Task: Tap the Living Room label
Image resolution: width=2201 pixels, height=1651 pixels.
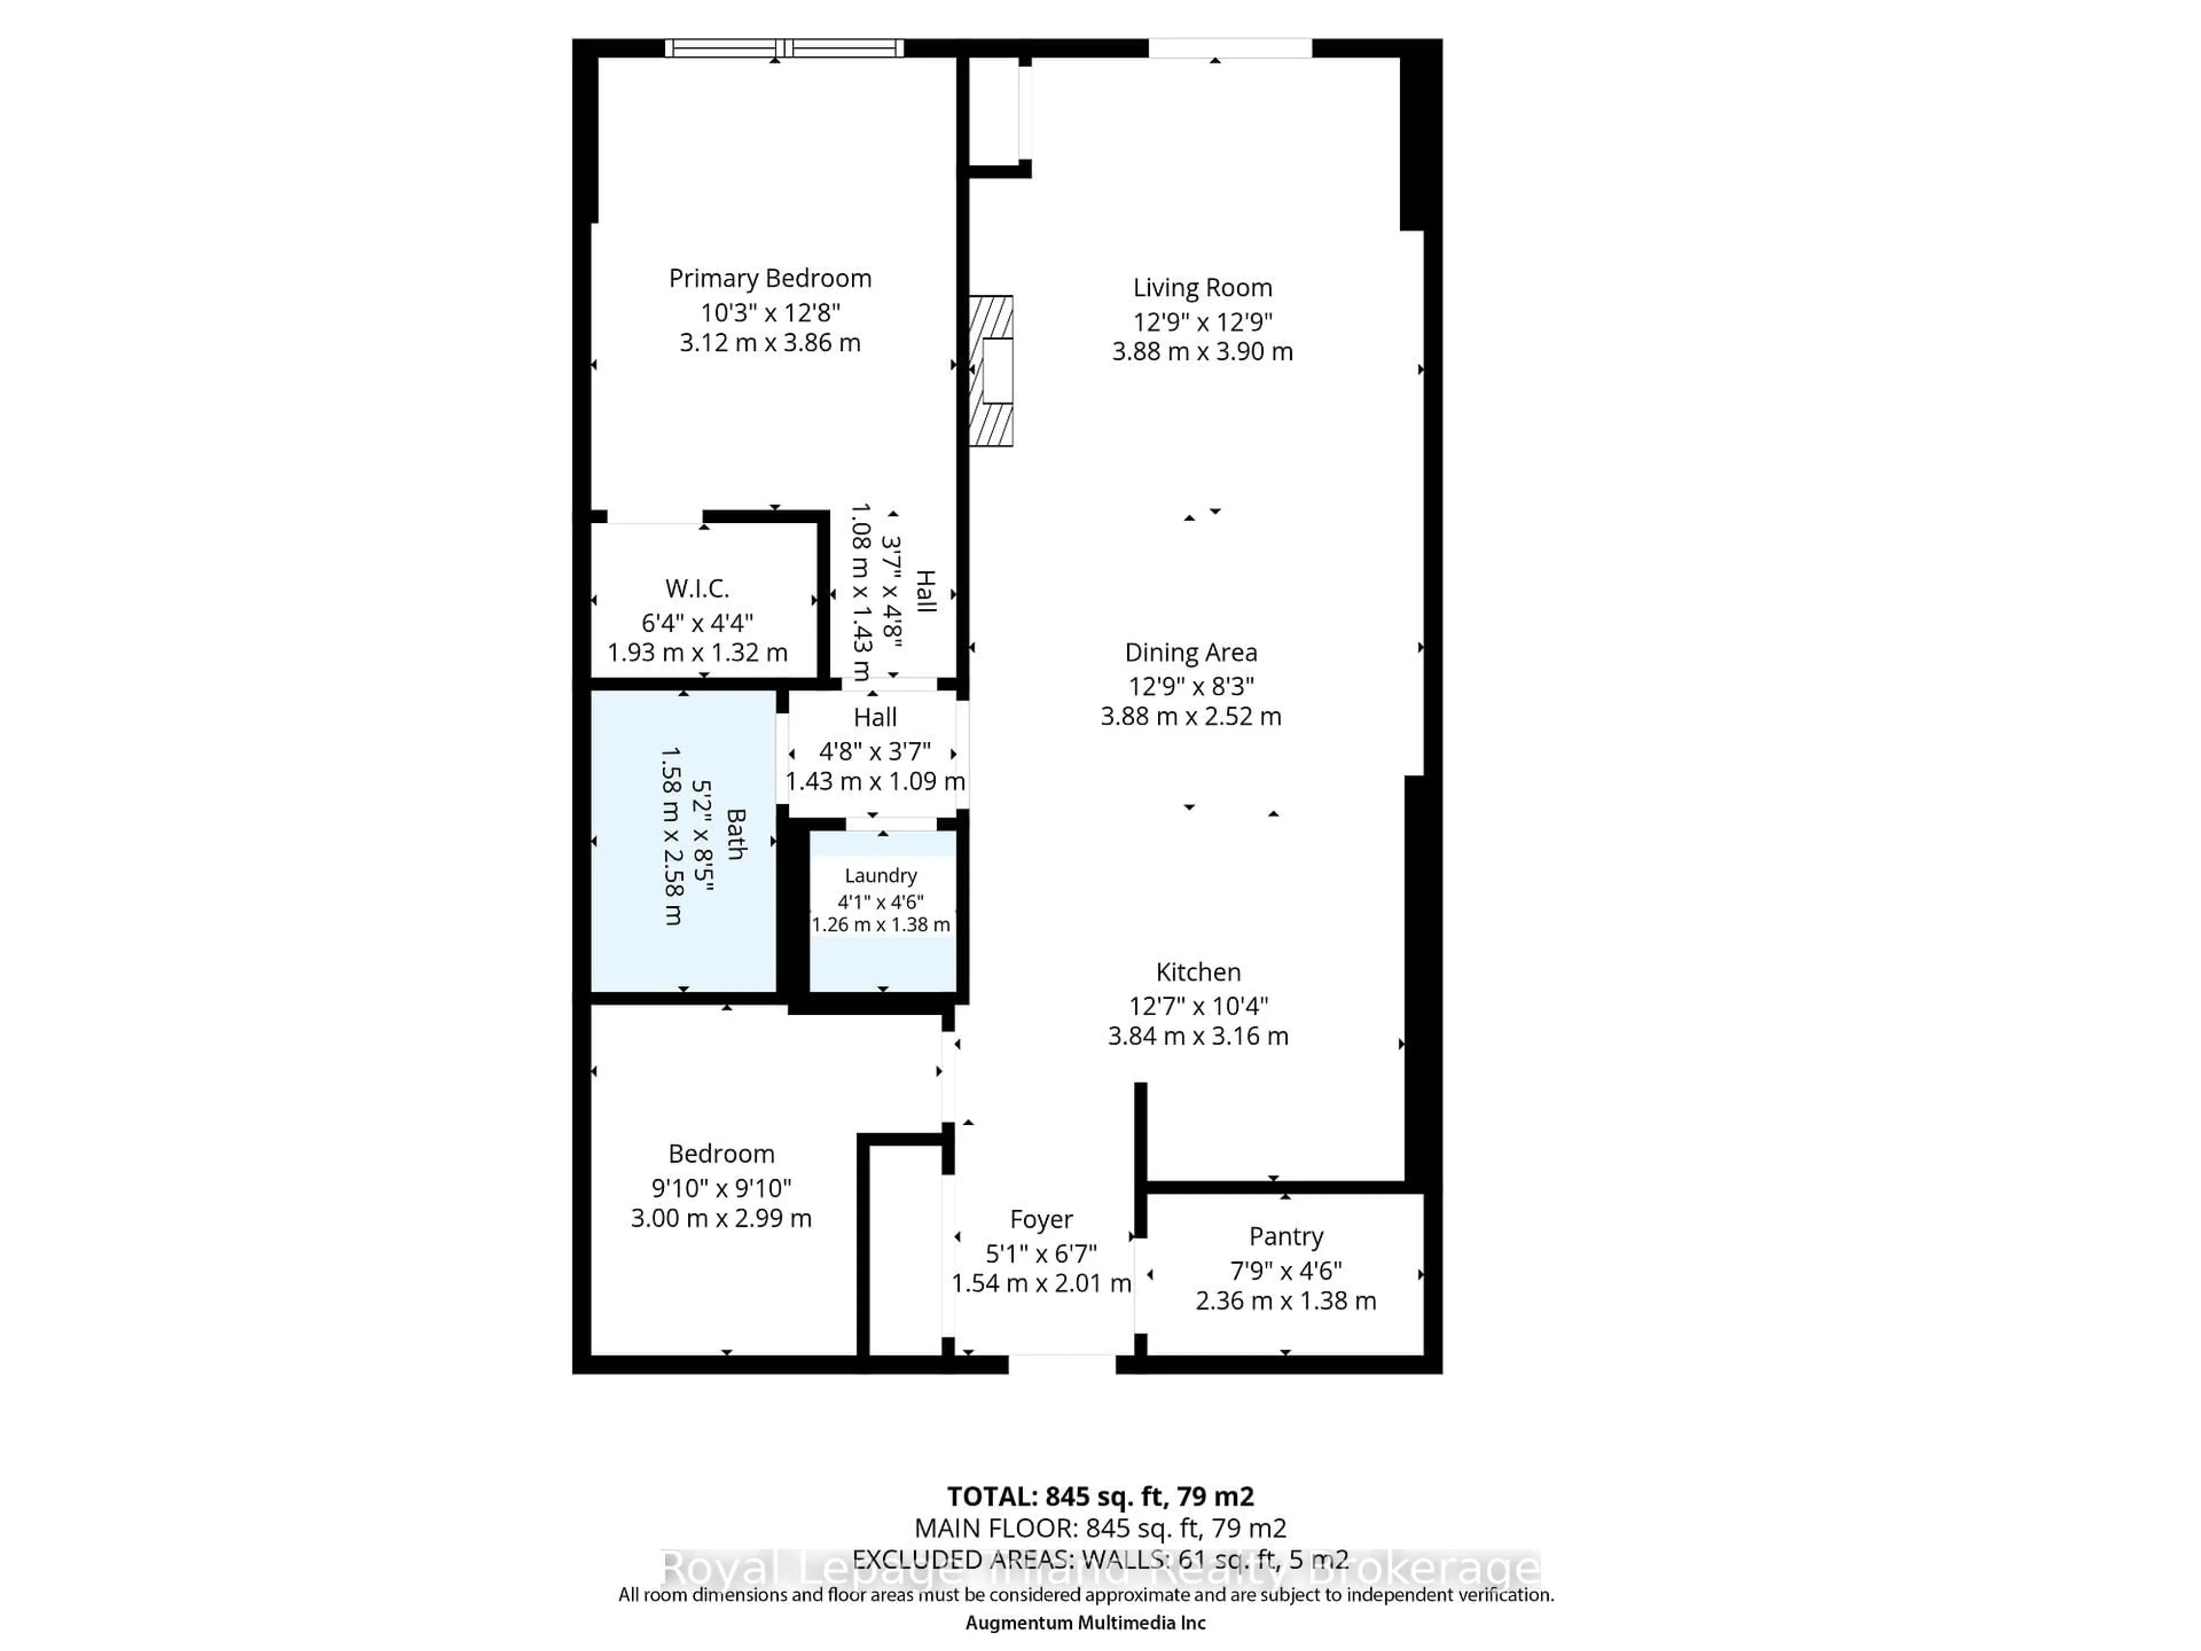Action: tap(1202, 288)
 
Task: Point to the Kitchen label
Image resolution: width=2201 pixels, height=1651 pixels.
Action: tap(1198, 972)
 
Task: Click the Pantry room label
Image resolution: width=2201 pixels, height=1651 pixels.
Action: tap(1286, 1237)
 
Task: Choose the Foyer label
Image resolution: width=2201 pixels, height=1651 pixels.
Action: tap(1041, 1220)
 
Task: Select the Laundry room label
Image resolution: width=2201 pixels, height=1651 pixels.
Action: tap(880, 876)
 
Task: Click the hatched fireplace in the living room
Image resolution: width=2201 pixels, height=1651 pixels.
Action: tap(991, 370)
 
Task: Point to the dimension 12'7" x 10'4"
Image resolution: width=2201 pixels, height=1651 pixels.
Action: tap(1198, 1006)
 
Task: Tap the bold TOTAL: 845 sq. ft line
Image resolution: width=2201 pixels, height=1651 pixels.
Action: tap(1099, 1497)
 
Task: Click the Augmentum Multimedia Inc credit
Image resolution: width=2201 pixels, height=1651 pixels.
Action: tap(1086, 1623)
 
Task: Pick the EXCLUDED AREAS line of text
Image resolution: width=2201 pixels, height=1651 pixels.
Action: tap(1099, 1559)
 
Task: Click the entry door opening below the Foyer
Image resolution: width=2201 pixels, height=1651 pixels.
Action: tap(1062, 1363)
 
